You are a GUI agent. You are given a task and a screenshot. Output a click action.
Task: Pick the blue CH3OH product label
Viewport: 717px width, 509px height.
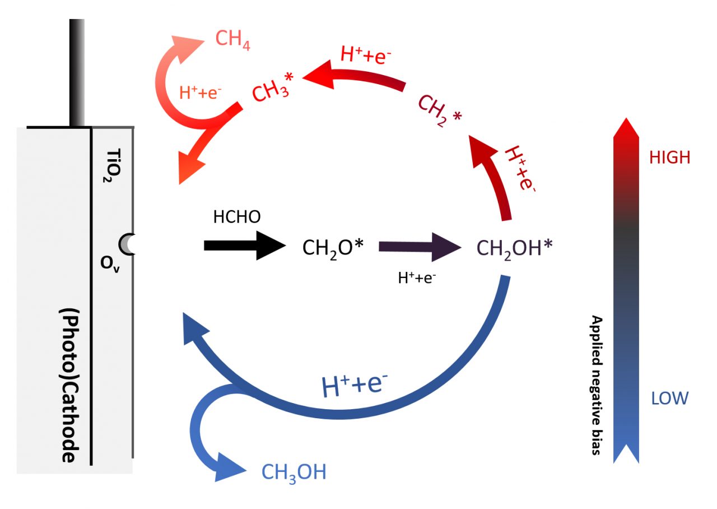click(294, 472)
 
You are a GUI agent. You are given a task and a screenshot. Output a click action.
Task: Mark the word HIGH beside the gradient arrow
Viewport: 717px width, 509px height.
click(670, 158)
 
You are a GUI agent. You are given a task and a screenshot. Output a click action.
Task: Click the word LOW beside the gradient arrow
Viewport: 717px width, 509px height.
click(669, 399)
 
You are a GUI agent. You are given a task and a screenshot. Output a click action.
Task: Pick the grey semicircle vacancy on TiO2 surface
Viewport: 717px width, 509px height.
click(128, 244)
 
